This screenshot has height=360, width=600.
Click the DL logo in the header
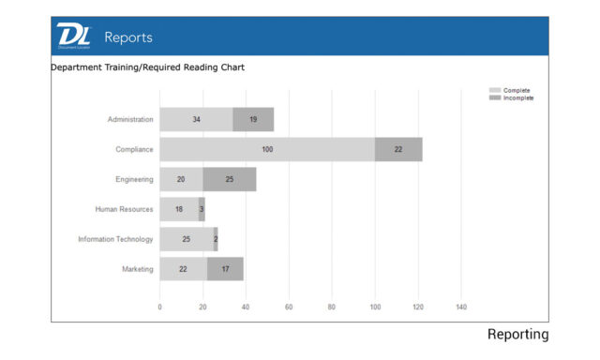click(x=73, y=36)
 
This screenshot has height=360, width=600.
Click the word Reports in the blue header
click(x=128, y=37)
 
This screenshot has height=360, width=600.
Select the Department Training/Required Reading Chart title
click(x=147, y=67)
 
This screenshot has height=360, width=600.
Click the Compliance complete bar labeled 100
click(x=267, y=149)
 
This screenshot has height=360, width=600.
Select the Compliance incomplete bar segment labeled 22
click(x=398, y=149)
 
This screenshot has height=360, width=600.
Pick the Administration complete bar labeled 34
click(x=196, y=119)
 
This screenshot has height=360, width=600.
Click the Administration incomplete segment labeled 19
click(x=253, y=119)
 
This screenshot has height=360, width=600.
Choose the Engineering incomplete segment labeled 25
click(x=230, y=179)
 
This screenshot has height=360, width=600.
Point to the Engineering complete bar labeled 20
click(x=181, y=179)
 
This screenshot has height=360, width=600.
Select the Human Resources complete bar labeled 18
click(x=179, y=209)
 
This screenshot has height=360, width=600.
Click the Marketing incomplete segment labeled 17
click(x=225, y=269)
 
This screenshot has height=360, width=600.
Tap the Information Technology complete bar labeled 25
click(x=187, y=239)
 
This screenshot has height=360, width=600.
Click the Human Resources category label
click(x=124, y=209)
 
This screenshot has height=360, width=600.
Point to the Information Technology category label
click(x=115, y=239)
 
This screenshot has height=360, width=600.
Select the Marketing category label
click(x=137, y=269)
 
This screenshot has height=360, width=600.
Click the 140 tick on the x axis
click(x=460, y=307)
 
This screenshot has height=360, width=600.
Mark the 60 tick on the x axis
click(x=289, y=307)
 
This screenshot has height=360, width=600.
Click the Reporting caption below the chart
click(x=517, y=335)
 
